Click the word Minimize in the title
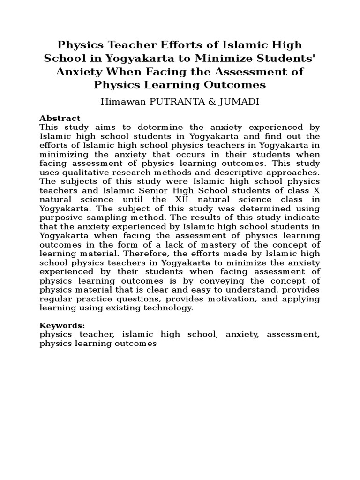pyautogui.click(x=229, y=59)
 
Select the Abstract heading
pyautogui.click(x=60, y=118)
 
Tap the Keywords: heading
pyautogui.click(x=62, y=325)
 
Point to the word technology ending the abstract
pyautogui.click(x=169, y=307)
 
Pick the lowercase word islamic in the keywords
pyautogui.click(x=137, y=335)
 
